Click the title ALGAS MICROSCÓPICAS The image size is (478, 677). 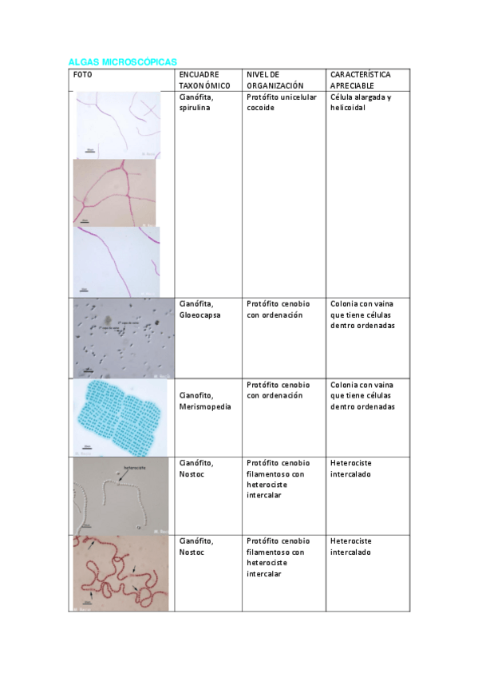[122, 61]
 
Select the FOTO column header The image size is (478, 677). [82, 74]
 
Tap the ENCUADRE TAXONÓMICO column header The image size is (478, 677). [205, 79]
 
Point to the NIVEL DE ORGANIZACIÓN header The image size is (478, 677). [275, 79]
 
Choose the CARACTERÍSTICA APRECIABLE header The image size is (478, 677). [361, 79]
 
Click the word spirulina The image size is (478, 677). [195, 108]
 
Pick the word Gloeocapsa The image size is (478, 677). [200, 315]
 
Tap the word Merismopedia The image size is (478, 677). [205, 406]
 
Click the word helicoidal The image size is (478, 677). [347, 108]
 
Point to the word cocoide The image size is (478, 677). [261, 108]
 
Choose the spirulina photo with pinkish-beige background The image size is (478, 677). [115, 192]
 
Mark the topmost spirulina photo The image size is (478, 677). [118, 125]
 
